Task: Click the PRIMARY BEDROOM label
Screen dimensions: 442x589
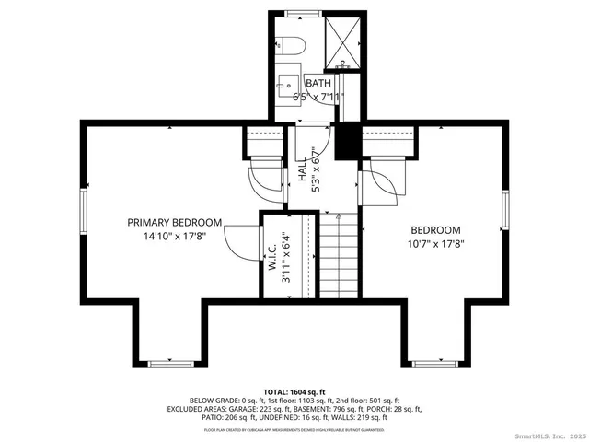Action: tap(174, 222)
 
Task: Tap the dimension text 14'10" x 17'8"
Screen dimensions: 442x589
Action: tap(174, 236)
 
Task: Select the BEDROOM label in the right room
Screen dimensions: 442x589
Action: tap(435, 230)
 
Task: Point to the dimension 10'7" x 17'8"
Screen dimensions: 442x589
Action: tap(435, 244)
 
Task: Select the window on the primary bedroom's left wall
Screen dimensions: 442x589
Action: tap(83, 215)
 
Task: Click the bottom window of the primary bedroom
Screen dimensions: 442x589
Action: tap(169, 364)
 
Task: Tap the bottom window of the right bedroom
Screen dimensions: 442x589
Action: tap(429, 363)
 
